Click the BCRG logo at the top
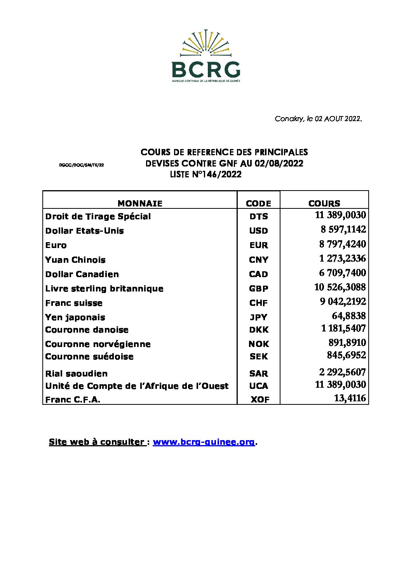point(206,55)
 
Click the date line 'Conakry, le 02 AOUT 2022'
point(318,119)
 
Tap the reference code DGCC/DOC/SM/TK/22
point(82,165)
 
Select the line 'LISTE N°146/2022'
point(205,175)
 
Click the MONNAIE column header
point(140,203)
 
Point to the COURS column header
point(324,203)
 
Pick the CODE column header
point(258,203)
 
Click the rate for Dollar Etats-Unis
point(343,229)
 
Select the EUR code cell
point(259,245)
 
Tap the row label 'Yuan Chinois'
point(75,260)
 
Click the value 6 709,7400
point(342,273)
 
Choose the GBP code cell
point(259,289)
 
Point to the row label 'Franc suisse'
point(74,303)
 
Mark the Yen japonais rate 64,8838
point(348,316)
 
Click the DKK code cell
point(259,330)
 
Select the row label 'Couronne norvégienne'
point(98,344)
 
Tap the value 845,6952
point(346,355)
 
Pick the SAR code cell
point(259,374)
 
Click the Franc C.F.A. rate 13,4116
point(350,398)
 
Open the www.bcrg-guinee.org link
point(204,442)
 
